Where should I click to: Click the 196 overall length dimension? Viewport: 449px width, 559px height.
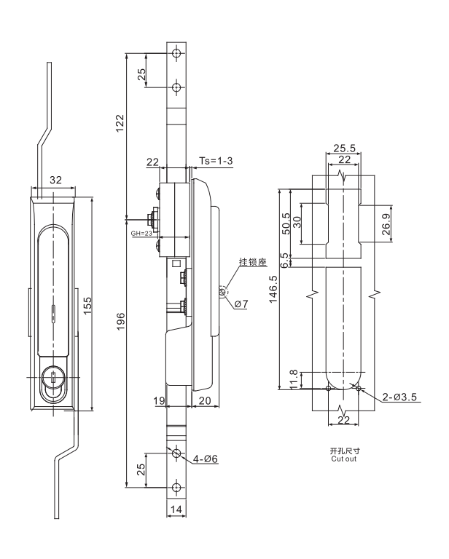tap(121, 320)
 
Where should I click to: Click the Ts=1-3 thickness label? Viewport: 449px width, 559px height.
tap(216, 160)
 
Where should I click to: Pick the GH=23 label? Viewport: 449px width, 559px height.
tap(142, 235)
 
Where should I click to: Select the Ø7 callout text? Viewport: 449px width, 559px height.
tap(240, 304)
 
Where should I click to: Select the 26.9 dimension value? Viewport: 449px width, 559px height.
tap(386, 226)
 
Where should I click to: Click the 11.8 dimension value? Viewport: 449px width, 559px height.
tap(293, 379)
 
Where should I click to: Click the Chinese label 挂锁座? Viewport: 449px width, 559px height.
tap(251, 263)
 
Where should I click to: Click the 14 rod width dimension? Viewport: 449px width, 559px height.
tap(175, 511)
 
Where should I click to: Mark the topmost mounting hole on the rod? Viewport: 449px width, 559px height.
tap(175, 55)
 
